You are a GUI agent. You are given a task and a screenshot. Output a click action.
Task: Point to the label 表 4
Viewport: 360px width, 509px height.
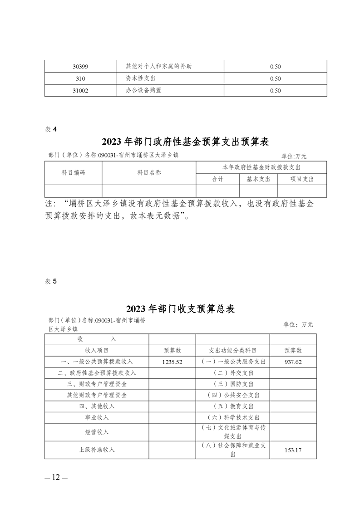tap(51, 129)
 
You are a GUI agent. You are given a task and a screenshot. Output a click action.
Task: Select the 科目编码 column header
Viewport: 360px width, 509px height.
tap(73, 173)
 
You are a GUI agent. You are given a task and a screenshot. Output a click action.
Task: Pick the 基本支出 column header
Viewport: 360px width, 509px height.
tap(259, 179)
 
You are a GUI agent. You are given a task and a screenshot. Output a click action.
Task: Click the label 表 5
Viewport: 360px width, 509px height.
tap(51, 281)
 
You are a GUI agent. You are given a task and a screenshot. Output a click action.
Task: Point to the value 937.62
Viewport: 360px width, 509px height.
tap(293, 362)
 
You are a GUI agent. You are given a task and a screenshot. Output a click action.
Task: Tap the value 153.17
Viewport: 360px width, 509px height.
tap(293, 450)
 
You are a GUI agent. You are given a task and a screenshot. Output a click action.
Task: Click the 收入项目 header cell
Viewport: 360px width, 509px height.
tap(97, 351)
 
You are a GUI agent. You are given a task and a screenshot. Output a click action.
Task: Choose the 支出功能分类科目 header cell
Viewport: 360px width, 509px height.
tap(232, 351)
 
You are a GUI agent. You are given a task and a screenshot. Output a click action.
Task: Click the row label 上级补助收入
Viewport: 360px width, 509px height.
tap(97, 450)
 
